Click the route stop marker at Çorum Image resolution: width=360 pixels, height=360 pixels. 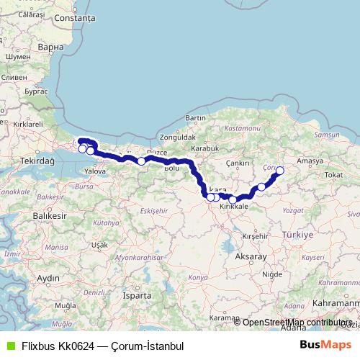point(280,171)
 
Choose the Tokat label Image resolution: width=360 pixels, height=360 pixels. point(333,174)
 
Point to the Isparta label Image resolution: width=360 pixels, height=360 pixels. point(137,295)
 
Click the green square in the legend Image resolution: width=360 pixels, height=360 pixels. point(9,346)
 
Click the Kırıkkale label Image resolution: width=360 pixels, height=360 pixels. point(233,206)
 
